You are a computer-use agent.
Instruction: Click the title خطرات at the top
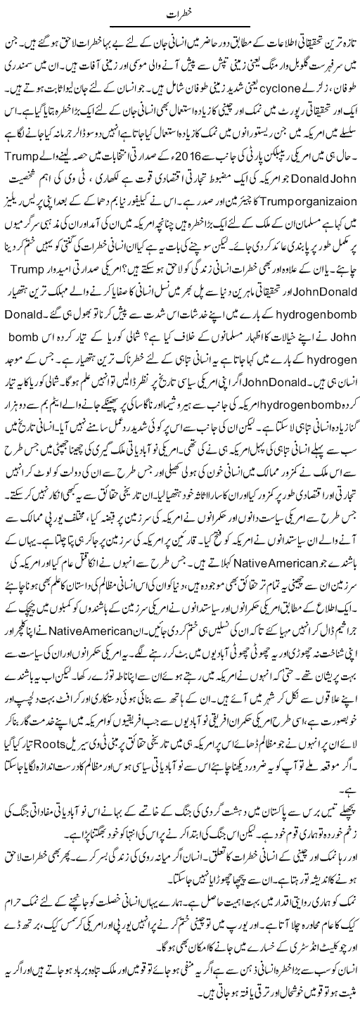pyautogui.click(x=180, y=14)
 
